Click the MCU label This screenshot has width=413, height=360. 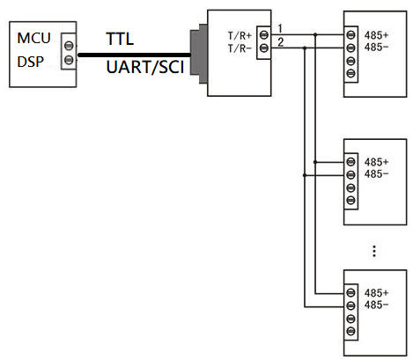click(x=33, y=38)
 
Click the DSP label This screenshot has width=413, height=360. click(x=31, y=62)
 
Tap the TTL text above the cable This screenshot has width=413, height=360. click(x=120, y=39)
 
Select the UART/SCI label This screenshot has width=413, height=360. click(x=145, y=67)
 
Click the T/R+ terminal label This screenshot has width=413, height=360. click(x=240, y=36)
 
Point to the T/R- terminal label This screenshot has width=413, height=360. click(x=240, y=48)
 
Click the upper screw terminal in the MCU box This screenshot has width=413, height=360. click(x=69, y=46)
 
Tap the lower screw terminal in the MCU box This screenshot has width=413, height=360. click(x=69, y=60)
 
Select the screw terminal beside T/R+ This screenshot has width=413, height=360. click(x=264, y=35)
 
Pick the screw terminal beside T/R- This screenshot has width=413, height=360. click(x=264, y=48)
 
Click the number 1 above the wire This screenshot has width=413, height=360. click(x=280, y=28)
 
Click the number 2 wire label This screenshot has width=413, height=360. click(x=280, y=42)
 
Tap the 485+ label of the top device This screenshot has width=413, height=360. click(x=376, y=35)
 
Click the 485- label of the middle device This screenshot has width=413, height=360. click(x=376, y=174)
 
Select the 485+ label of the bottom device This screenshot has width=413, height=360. click(x=376, y=293)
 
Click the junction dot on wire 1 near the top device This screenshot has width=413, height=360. click(x=315, y=34)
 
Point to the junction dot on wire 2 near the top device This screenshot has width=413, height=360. click(x=305, y=48)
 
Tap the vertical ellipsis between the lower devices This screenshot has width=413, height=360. click(x=374, y=251)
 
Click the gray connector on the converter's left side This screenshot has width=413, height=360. click(x=199, y=54)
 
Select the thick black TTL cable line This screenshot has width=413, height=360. click(x=134, y=55)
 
